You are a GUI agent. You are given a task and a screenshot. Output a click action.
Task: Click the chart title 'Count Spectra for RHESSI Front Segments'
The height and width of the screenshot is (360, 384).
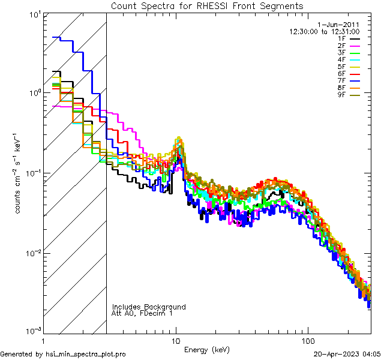click(207, 6)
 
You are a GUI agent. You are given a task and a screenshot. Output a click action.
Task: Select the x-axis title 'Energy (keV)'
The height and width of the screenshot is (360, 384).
click(207, 350)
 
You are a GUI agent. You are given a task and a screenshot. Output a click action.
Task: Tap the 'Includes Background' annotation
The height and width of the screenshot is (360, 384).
click(148, 307)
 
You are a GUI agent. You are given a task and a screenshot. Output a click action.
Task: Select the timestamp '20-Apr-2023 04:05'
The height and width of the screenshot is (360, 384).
click(347, 354)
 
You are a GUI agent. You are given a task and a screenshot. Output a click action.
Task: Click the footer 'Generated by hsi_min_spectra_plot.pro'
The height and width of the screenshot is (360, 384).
click(63, 354)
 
